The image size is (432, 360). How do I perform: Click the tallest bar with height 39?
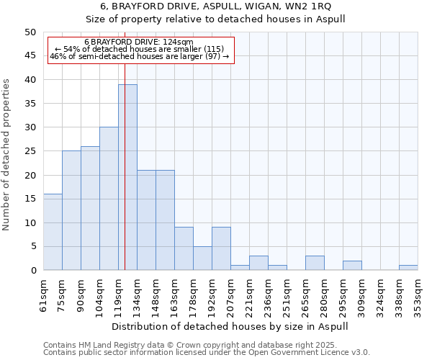[x=127, y=177]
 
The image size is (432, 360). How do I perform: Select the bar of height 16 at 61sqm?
[x=53, y=232]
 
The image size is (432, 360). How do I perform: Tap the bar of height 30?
[x=109, y=199]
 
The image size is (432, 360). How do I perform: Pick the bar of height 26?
[x=90, y=208]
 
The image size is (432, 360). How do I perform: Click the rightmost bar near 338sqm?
[x=408, y=268]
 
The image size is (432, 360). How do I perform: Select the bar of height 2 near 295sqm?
[x=352, y=266]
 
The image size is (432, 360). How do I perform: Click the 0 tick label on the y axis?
[x=33, y=271]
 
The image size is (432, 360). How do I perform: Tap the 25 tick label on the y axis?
[x=30, y=151]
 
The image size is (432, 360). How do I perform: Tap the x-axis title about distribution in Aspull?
[x=230, y=326]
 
